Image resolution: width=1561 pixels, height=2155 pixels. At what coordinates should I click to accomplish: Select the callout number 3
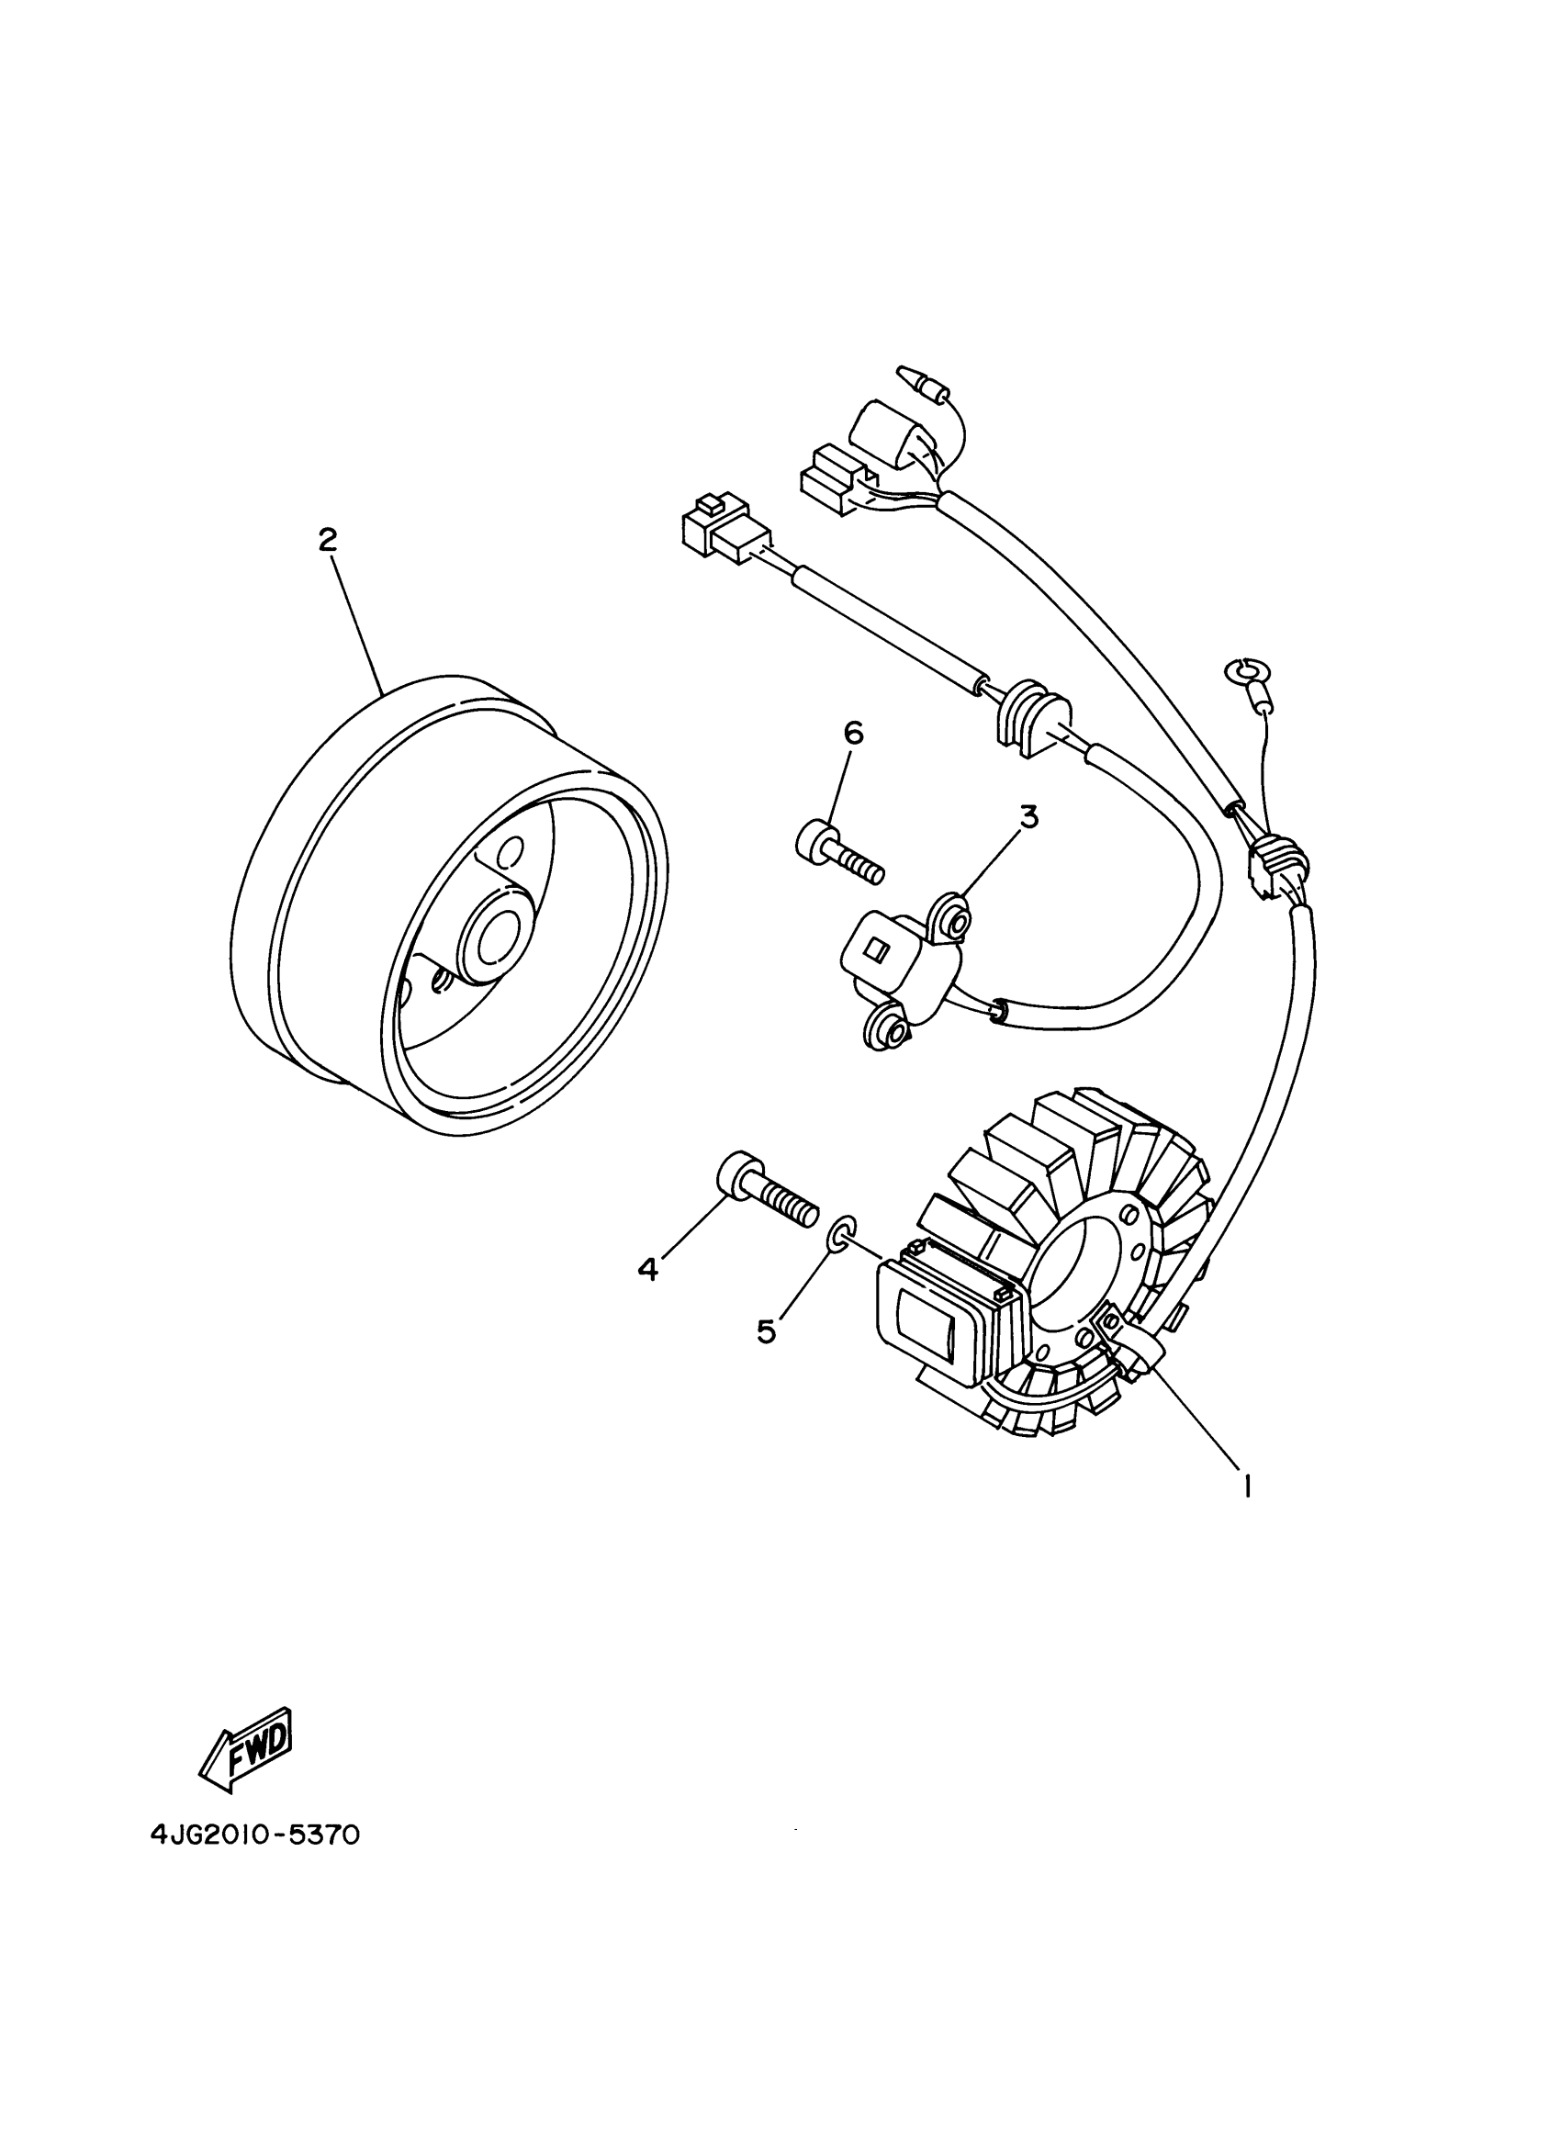(x=1028, y=817)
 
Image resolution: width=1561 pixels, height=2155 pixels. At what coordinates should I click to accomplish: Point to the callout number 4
(x=648, y=1269)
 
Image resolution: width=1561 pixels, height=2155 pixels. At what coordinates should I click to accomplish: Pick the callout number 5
(x=766, y=1331)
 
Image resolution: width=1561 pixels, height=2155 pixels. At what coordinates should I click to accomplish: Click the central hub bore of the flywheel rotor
(x=495, y=943)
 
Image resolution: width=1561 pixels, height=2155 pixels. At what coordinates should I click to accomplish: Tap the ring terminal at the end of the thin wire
(x=1237, y=671)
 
